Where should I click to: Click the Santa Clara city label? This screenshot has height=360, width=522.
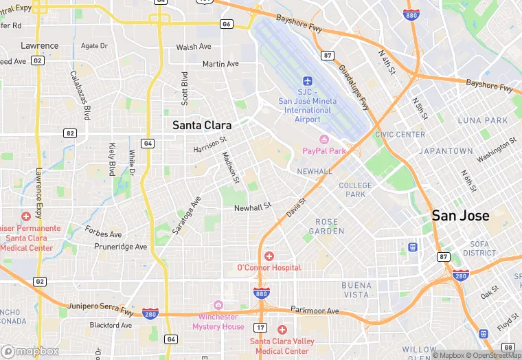click(201, 125)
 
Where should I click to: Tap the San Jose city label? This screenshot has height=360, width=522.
click(460, 216)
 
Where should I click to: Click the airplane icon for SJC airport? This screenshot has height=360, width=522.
click(307, 81)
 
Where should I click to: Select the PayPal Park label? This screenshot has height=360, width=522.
click(324, 150)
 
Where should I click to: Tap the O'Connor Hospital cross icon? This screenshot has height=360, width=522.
click(269, 256)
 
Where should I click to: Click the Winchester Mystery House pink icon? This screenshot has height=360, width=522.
click(218, 305)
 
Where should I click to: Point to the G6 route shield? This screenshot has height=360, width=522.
click(226, 24)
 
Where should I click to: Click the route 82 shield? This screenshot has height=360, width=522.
click(69, 133)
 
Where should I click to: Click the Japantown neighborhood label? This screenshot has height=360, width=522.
click(447, 151)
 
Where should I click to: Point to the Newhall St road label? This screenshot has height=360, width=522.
click(253, 207)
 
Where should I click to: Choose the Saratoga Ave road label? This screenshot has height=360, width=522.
click(186, 216)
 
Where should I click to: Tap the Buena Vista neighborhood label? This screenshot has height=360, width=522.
click(356, 289)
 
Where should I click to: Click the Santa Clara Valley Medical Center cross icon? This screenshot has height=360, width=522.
click(282, 330)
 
